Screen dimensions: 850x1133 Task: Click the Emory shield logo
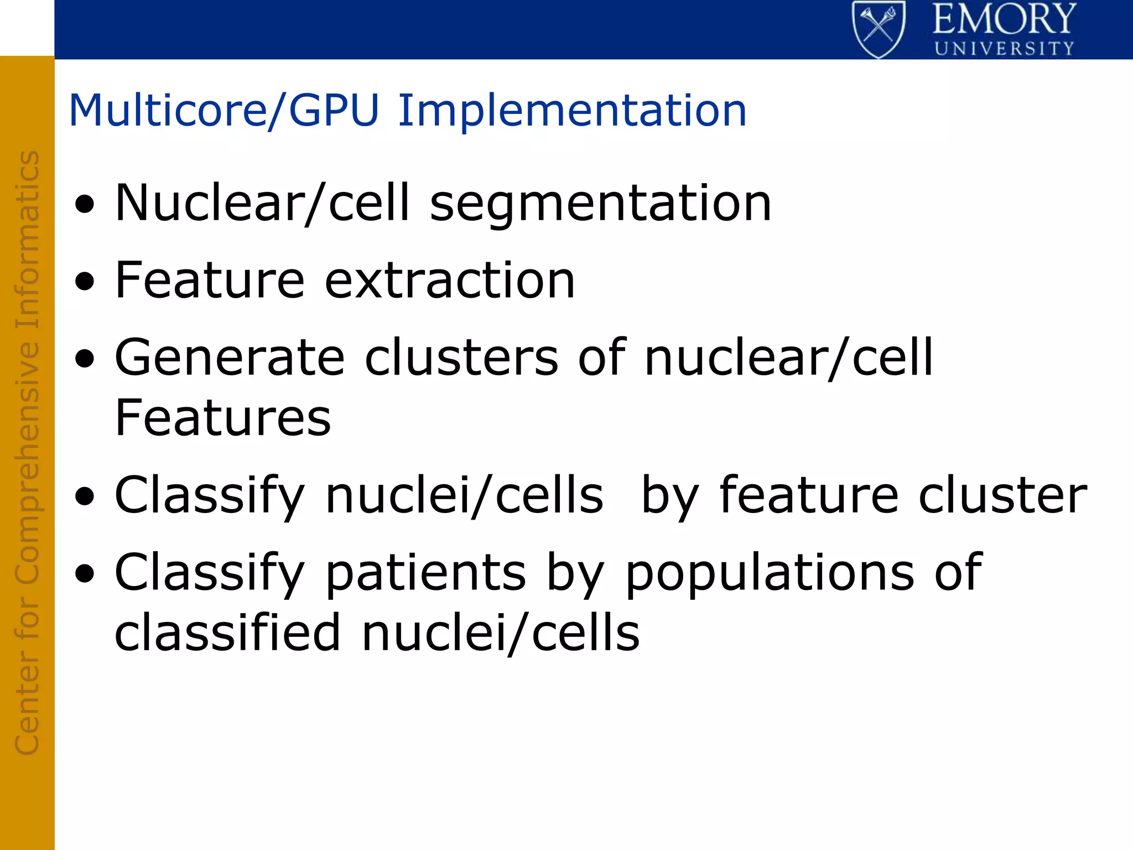[x=879, y=29]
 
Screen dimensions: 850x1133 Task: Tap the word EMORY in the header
[x=1004, y=20]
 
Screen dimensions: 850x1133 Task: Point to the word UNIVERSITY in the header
[x=1004, y=49]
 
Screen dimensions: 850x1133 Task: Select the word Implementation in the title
[x=572, y=111]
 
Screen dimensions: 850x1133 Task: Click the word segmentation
[x=600, y=204]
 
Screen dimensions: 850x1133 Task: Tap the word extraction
[x=449, y=281]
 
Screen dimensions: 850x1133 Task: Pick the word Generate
[x=230, y=358]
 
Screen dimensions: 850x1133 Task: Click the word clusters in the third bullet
[x=461, y=358]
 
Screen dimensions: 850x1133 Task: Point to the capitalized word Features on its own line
[x=222, y=418]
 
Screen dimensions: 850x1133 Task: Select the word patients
[x=425, y=573]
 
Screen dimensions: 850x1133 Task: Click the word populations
[x=770, y=573]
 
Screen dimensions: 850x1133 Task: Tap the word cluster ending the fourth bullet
[x=1002, y=495]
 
